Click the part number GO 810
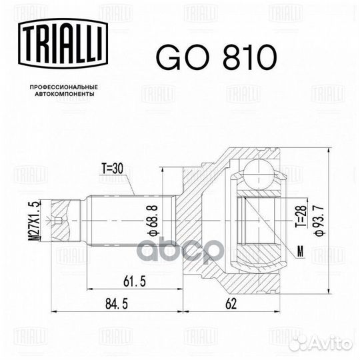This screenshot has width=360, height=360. tap(215, 58)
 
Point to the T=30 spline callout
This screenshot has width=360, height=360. tap(114, 169)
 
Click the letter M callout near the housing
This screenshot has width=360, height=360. tap(301, 253)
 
